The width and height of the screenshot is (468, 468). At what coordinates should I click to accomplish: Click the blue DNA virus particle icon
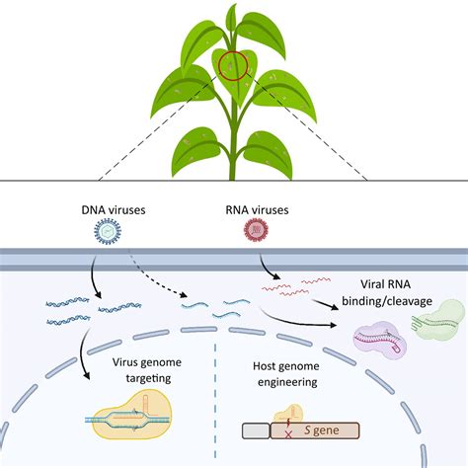pyautogui.click(x=108, y=231)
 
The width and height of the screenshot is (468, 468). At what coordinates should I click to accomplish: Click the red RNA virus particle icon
pyautogui.click(x=256, y=229)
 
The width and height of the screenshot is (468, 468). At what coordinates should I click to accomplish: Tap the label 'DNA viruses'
pyautogui.click(x=114, y=210)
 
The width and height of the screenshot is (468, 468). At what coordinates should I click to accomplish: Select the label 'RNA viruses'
pyautogui.click(x=257, y=210)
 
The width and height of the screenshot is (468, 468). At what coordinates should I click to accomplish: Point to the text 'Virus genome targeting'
pyautogui.click(x=147, y=370)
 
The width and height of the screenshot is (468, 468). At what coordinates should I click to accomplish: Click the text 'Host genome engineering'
pyautogui.click(x=286, y=374)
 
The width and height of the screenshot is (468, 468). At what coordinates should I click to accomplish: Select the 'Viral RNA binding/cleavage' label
pyautogui.click(x=387, y=292)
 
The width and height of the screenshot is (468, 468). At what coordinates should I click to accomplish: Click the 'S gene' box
pyautogui.click(x=315, y=430)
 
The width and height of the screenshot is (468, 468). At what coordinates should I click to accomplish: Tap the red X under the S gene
pyautogui.click(x=288, y=435)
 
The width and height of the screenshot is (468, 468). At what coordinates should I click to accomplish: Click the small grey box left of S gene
pyautogui.click(x=256, y=431)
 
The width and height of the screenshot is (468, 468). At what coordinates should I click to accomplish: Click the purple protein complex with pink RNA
pyautogui.click(x=380, y=340)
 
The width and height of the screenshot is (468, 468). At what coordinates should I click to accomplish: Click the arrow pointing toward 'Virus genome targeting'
pyautogui.click(x=82, y=353)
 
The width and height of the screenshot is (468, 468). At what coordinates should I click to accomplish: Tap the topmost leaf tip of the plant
pyautogui.click(x=234, y=4)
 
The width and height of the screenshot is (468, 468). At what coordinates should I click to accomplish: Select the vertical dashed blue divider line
pyautogui.click(x=215, y=401)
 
